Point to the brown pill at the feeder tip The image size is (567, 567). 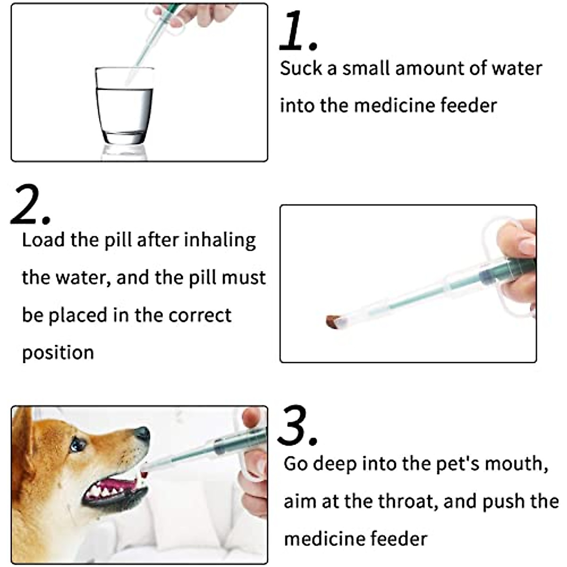[332, 322]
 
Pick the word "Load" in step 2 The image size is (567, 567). [43, 240]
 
